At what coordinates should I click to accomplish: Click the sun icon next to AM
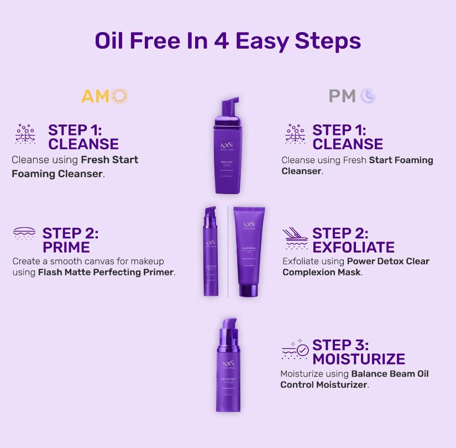(x=120, y=96)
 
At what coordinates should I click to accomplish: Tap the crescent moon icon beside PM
(x=369, y=96)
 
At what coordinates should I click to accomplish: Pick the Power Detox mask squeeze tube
(x=249, y=249)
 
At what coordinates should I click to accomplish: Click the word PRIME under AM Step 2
(x=66, y=247)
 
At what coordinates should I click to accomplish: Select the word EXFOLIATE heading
(x=353, y=247)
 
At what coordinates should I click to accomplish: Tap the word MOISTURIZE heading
(x=358, y=358)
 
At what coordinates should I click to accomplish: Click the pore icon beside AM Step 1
(x=25, y=134)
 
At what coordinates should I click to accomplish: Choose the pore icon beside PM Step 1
(x=295, y=134)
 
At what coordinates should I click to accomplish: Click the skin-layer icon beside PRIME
(x=24, y=233)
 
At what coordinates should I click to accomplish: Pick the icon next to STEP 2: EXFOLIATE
(x=295, y=239)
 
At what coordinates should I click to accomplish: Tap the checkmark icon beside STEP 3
(x=302, y=350)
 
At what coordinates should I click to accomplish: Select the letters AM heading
(x=96, y=96)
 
